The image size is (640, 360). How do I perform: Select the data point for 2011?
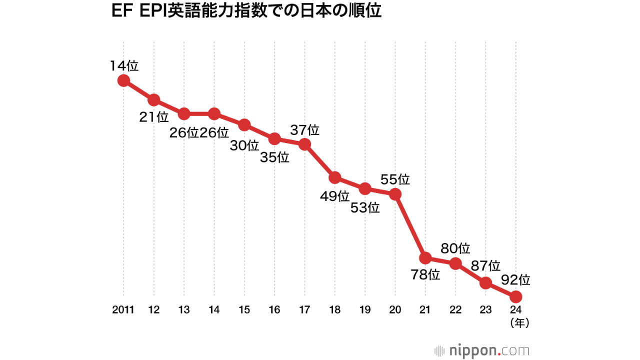pyautogui.click(x=123, y=80)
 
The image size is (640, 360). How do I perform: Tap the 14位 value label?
pyautogui.click(x=124, y=65)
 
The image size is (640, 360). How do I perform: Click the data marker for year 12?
pyautogui.click(x=154, y=100)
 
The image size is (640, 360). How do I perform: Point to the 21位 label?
pyautogui.click(x=154, y=117)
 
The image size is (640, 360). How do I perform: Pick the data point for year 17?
pyautogui.click(x=304, y=144)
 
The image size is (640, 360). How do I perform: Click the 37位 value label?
pyautogui.click(x=304, y=130)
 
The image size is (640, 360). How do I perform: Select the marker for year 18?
pyautogui.click(x=335, y=177)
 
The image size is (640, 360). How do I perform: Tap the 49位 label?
pyautogui.click(x=334, y=196)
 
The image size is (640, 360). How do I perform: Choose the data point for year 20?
pyautogui.click(x=395, y=194)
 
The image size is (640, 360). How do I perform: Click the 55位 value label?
pyautogui.click(x=395, y=179)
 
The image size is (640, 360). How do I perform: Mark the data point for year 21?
pyautogui.click(x=425, y=258)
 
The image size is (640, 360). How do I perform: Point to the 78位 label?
pyautogui.click(x=425, y=274)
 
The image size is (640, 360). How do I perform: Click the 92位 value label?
pyautogui.click(x=515, y=279)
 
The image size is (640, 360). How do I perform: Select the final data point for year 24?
pyautogui.click(x=516, y=296)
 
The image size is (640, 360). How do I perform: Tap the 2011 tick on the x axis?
pyautogui.click(x=123, y=310)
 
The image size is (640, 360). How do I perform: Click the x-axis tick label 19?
pyautogui.click(x=365, y=310)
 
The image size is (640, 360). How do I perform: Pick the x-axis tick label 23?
pyautogui.click(x=485, y=310)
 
